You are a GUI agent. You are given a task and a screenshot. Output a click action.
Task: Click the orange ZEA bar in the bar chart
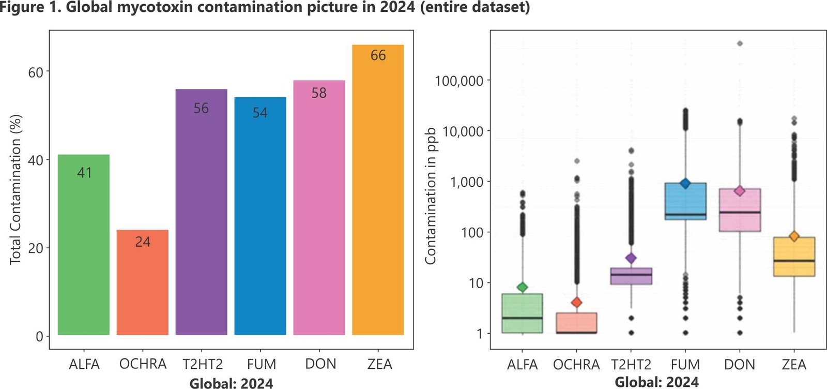click(378, 197)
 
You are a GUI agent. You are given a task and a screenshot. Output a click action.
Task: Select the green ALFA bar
click(84, 248)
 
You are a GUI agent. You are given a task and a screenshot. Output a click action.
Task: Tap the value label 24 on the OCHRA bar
click(143, 242)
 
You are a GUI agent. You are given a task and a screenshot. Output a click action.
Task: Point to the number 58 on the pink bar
click(319, 93)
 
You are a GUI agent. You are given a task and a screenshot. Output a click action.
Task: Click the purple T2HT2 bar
click(201, 217)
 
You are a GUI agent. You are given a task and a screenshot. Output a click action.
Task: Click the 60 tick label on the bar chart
click(35, 72)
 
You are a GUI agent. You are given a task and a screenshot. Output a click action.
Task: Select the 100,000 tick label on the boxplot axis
click(459, 81)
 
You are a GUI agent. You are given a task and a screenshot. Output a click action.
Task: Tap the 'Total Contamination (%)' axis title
click(16, 189)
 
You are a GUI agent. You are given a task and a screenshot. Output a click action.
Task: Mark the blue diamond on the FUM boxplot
click(685, 183)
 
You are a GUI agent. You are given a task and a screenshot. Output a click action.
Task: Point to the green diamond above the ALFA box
click(523, 287)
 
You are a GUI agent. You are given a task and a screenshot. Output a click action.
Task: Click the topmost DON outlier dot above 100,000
click(740, 43)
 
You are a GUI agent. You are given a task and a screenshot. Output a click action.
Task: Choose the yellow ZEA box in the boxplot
click(794, 257)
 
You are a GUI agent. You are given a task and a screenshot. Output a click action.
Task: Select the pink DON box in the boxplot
click(740, 210)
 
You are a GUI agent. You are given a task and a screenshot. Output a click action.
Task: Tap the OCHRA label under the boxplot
click(576, 365)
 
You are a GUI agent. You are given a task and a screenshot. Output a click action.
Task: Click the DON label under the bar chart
click(320, 364)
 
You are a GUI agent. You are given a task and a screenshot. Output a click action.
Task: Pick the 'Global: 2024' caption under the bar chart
click(231, 383)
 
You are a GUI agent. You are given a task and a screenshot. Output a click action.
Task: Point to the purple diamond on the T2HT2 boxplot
click(631, 258)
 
